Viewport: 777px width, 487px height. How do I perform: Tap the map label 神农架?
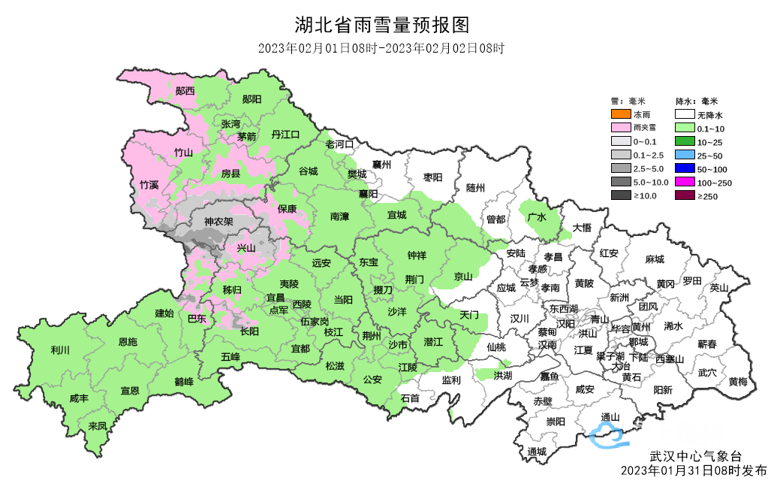[x=218, y=222]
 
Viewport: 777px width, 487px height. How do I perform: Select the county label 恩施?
[x=128, y=342]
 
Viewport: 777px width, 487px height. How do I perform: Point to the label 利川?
[x=60, y=350]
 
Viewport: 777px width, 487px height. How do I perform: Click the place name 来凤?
[x=98, y=426]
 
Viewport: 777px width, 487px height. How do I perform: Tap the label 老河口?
[x=339, y=144]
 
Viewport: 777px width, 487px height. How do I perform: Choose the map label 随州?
[x=475, y=188]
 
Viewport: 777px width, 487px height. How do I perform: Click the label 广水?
[x=537, y=216]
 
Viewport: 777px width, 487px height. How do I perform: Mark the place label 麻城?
[x=655, y=259]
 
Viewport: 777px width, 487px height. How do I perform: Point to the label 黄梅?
[x=737, y=382]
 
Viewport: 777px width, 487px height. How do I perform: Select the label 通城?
[x=537, y=452]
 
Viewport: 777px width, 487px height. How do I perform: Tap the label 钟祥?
[x=416, y=256]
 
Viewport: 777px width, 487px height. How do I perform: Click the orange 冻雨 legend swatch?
[x=620, y=115]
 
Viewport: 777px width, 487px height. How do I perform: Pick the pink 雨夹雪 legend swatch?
[x=620, y=129]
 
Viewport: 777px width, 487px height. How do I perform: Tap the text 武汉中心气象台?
[x=695, y=456]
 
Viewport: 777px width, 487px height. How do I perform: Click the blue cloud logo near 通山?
[x=607, y=435]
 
